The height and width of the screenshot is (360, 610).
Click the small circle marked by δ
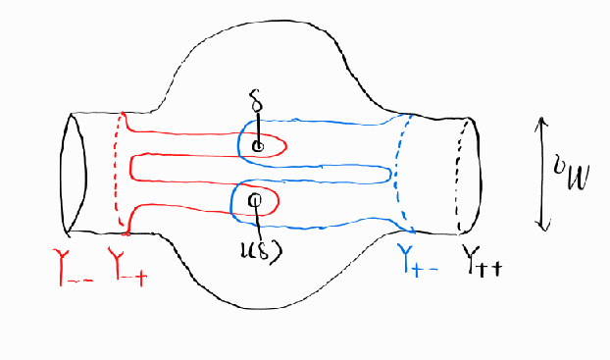point(258,147)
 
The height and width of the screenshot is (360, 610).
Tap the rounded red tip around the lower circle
point(277,202)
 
